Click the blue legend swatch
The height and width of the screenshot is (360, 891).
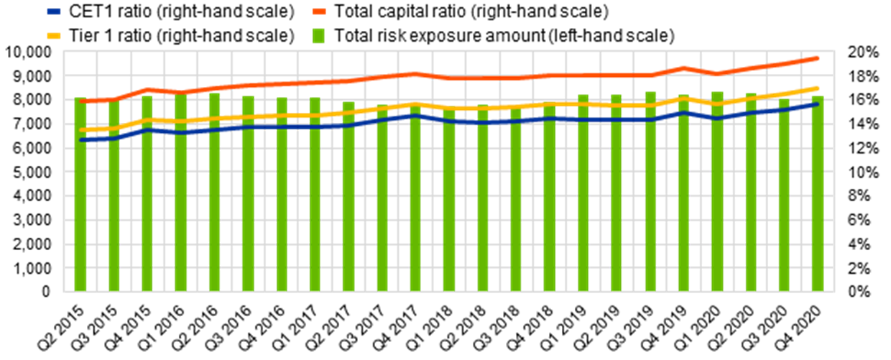tap(54, 11)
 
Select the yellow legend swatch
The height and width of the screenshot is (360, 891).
tap(54, 36)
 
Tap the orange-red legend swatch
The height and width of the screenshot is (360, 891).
tap(319, 11)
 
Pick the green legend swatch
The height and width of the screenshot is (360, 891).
tap(318, 36)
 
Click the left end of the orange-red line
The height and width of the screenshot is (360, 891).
tap(81, 101)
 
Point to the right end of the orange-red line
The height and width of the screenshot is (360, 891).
tap(817, 58)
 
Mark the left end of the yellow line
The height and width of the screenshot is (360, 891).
tap(81, 130)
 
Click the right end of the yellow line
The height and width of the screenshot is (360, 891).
tap(817, 88)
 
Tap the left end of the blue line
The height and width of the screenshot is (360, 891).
tap(81, 139)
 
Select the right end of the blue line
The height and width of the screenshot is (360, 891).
tap(817, 104)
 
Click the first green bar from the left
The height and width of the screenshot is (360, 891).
tap(80, 194)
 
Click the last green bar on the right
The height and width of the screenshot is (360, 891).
tap(818, 194)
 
